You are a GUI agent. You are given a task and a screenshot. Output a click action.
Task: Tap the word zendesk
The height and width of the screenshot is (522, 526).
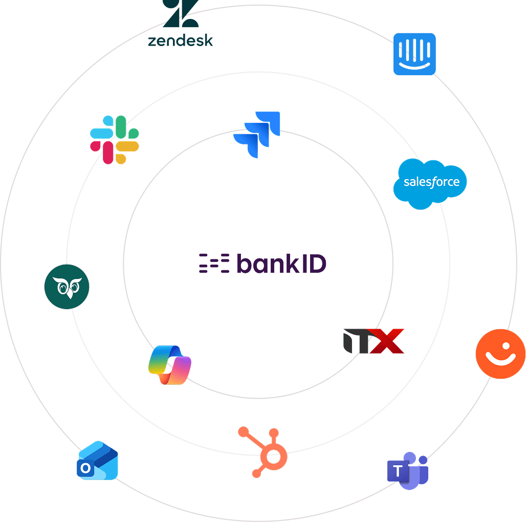(180, 40)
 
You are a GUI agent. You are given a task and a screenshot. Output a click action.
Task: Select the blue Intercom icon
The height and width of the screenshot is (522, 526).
(414, 54)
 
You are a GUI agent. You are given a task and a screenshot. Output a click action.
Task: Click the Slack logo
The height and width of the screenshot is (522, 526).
(114, 140)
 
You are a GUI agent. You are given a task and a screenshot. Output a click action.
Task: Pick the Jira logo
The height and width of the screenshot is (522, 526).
(257, 134)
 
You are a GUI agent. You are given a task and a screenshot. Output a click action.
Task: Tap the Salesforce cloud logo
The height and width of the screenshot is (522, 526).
(430, 183)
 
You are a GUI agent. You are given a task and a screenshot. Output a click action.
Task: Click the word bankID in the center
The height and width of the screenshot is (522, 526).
(282, 264)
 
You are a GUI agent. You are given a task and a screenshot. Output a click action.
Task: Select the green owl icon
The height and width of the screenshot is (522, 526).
(67, 287)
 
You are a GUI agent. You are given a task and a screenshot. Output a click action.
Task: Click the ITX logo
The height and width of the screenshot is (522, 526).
(374, 341)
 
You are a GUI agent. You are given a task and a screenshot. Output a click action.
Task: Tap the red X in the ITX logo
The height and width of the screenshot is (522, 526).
(387, 341)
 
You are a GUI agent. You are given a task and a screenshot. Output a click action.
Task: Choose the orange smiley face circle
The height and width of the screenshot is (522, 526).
(500, 354)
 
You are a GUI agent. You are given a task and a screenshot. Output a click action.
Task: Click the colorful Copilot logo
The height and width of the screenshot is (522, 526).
(169, 365)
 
